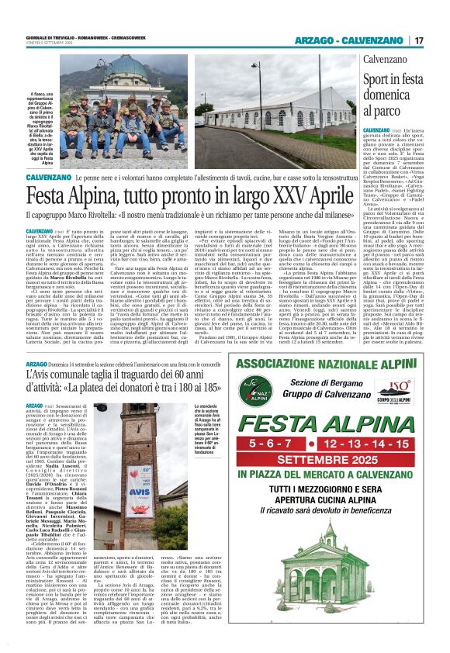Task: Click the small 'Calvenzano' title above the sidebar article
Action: [x=386, y=58]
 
